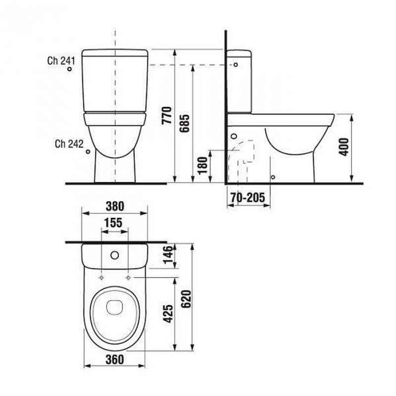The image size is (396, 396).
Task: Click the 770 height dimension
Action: point(167,115)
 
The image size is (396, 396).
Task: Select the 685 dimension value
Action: point(184,123)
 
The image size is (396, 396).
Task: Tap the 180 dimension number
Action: point(202,166)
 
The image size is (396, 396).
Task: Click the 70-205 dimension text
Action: point(248,198)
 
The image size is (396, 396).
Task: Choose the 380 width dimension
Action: point(115,206)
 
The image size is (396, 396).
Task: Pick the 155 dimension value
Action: point(113,223)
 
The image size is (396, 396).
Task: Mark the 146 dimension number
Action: point(168,254)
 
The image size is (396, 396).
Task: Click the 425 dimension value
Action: point(168,314)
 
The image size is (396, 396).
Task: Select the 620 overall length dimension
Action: point(187,299)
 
